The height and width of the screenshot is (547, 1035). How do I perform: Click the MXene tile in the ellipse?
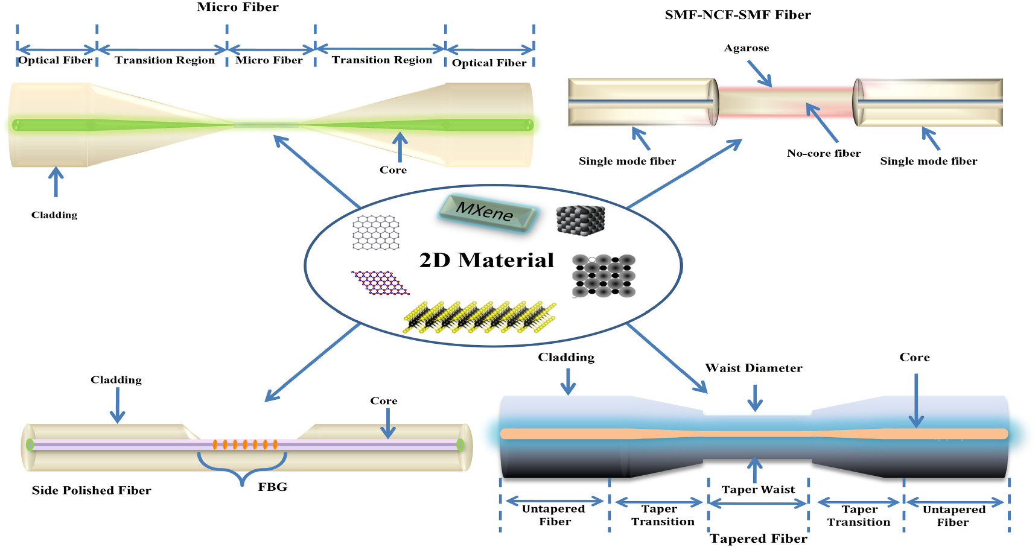[486, 213]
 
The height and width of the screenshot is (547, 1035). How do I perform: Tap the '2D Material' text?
[486, 260]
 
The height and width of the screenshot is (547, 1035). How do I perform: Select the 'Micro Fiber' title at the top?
[238, 7]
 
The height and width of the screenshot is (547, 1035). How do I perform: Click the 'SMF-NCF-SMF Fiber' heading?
[737, 15]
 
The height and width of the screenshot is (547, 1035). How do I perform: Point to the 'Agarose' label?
[747, 48]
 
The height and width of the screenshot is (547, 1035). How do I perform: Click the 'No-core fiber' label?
[824, 153]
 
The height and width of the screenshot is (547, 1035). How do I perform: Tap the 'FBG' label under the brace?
[273, 487]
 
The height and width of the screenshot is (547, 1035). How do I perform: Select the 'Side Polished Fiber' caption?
[91, 490]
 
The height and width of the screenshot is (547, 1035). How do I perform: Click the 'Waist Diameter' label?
[754, 368]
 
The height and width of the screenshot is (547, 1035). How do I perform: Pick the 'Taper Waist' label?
[759, 489]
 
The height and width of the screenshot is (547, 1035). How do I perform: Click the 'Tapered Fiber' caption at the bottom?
[759, 539]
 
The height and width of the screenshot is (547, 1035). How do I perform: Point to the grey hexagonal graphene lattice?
[376, 232]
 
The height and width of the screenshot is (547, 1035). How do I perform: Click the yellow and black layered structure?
[480, 316]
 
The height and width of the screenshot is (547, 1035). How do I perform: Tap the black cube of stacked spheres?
[580, 220]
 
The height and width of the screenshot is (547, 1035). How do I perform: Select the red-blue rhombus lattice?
[380, 282]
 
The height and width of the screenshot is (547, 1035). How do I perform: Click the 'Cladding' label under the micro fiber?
[54, 215]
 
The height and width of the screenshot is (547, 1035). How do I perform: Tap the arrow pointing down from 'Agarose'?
[760, 74]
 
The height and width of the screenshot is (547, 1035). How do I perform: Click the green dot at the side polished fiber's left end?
[30, 445]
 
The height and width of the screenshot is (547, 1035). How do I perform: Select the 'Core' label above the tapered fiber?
[914, 357]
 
